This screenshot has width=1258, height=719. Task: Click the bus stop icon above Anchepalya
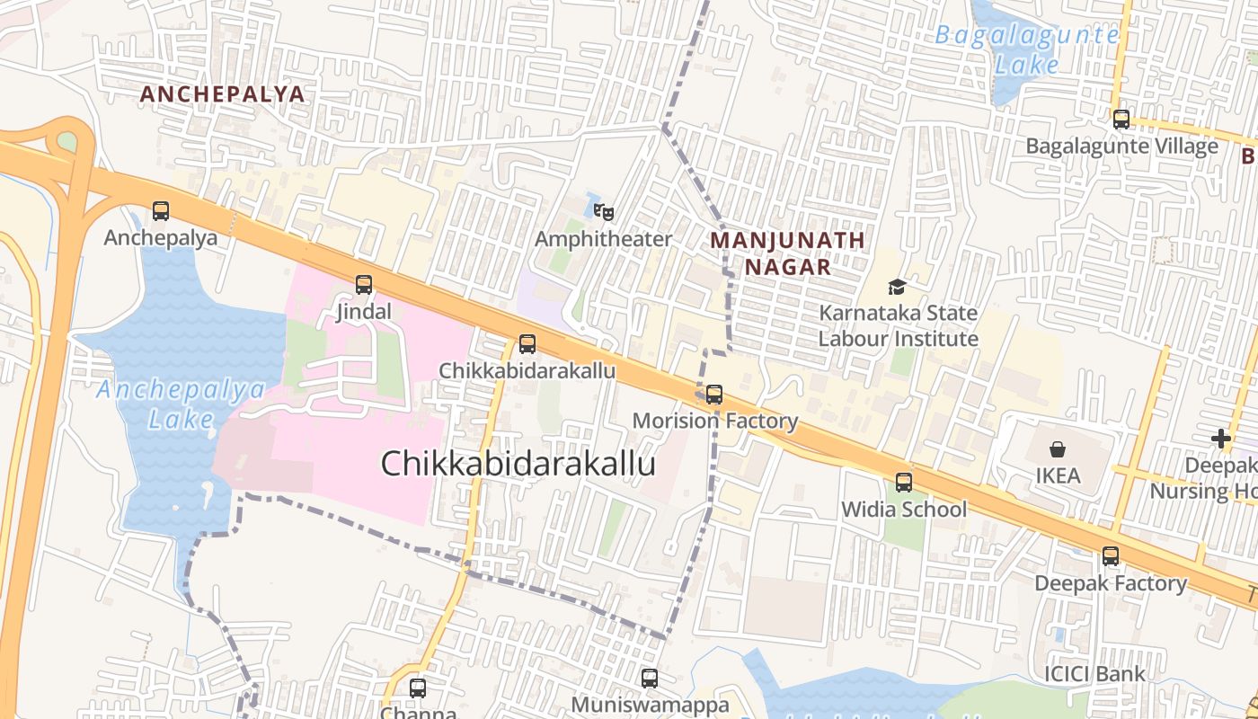pyautogui.click(x=161, y=211)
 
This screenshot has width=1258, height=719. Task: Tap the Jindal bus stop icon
pyautogui.click(x=364, y=285)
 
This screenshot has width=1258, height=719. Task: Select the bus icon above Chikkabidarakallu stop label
pyautogui.click(x=527, y=344)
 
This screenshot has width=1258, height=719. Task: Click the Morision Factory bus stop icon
pyautogui.click(x=714, y=395)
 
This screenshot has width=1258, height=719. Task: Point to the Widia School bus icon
pyautogui.click(x=904, y=483)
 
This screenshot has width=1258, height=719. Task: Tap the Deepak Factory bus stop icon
pyautogui.click(x=1111, y=556)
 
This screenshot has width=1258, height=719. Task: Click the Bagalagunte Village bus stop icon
pyautogui.click(x=1121, y=120)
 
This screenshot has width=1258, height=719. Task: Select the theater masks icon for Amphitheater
pyautogui.click(x=604, y=212)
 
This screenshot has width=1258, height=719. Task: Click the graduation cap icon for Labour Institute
pyautogui.click(x=897, y=287)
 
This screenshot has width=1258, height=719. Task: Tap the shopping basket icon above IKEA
pyautogui.click(x=1058, y=448)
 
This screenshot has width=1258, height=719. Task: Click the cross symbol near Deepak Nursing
pyautogui.click(x=1220, y=439)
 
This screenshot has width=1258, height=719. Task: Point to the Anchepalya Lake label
pyautogui.click(x=182, y=404)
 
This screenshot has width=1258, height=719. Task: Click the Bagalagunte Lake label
pyautogui.click(x=1027, y=49)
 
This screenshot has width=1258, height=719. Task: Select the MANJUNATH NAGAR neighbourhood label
pyautogui.click(x=787, y=253)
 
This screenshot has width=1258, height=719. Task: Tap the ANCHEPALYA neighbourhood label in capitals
pyautogui.click(x=222, y=94)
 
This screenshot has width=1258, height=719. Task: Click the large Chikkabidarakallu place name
pyautogui.click(x=518, y=464)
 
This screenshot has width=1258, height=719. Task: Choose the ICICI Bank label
pyautogui.click(x=1094, y=674)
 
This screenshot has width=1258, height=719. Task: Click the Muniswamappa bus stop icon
pyautogui.click(x=650, y=679)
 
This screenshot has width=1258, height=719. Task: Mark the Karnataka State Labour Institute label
pyautogui.click(x=898, y=326)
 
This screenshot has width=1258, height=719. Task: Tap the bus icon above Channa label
pyautogui.click(x=418, y=689)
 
